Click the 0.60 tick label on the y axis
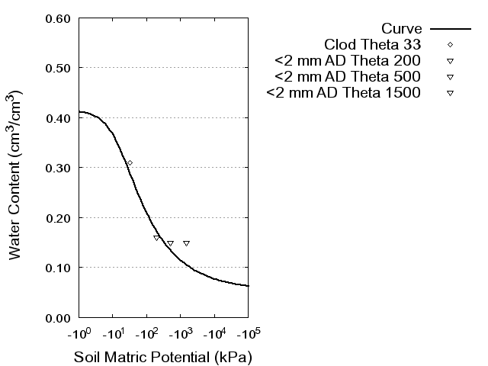pyautogui.click(x=59, y=18)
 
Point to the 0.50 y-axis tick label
pyautogui.click(x=59, y=68)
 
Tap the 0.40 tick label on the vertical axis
pyautogui.click(x=59, y=118)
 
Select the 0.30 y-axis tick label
pyautogui.click(x=59, y=168)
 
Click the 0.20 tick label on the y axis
pyautogui.click(x=59, y=218)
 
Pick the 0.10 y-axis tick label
pyautogui.click(x=59, y=268)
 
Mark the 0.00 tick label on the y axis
pyautogui.click(x=59, y=317)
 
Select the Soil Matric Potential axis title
pyautogui.click(x=162, y=357)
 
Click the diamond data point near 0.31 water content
pyautogui.click(x=130, y=163)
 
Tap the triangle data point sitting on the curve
pyautogui.click(x=156, y=238)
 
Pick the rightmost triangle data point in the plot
pyautogui.click(x=186, y=243)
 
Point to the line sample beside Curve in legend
pyautogui.click(x=451, y=27)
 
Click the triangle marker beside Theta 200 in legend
pyautogui.click(x=451, y=60)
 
